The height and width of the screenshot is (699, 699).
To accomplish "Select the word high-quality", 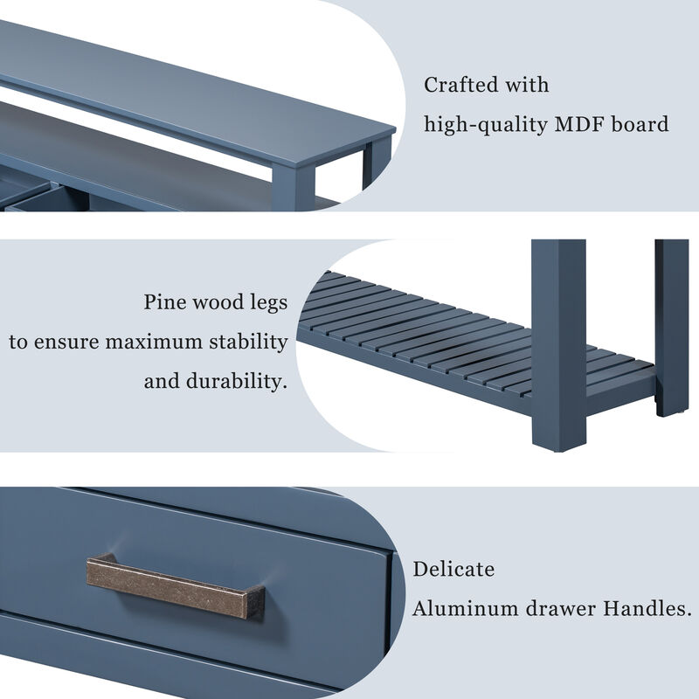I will pos(486,125).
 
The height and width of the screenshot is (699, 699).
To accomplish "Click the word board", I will pos(641,124).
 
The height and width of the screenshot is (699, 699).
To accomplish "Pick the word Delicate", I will pos(453,570).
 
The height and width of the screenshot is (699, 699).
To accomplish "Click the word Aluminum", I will pos(464,608).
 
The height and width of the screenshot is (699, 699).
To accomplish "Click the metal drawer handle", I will pos(176,586).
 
